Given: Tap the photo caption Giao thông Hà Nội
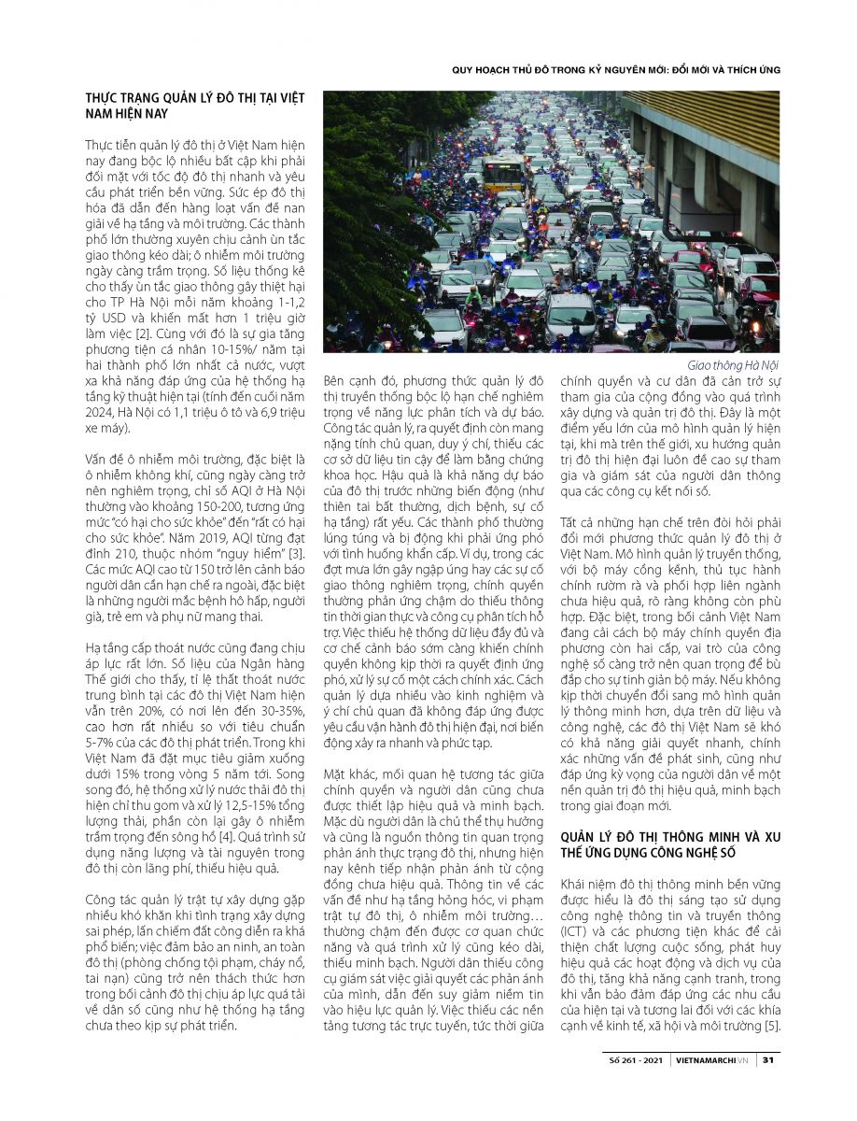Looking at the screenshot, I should pos(733,364).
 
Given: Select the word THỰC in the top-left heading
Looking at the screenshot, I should pos(105,97).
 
